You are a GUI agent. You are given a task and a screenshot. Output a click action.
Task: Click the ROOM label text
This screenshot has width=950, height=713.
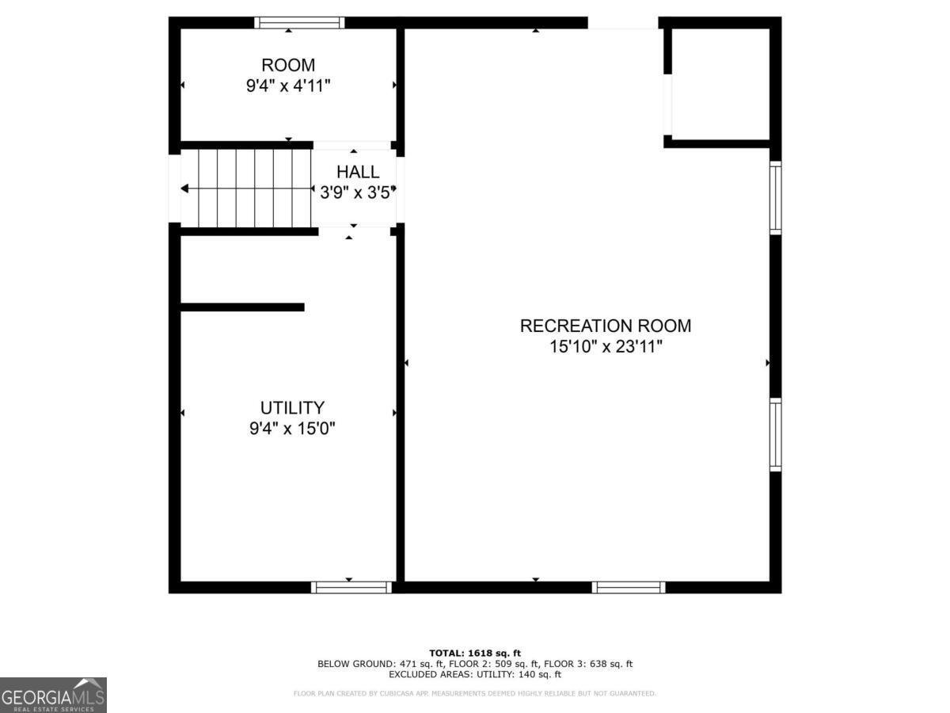pos(288,65)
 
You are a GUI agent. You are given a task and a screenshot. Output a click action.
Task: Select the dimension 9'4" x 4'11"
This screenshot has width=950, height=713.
pos(288,86)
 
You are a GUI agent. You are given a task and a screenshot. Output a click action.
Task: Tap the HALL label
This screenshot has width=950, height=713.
pos(358,172)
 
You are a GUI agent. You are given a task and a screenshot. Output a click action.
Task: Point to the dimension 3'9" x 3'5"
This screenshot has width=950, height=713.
pos(358,192)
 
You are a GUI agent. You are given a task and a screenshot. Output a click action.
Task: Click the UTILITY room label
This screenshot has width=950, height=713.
pos(292,408)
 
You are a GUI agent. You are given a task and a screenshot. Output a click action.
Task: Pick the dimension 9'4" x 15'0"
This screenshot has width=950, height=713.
pos(292,429)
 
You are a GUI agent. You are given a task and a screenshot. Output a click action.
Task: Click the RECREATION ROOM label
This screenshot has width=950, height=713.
pos(605,326)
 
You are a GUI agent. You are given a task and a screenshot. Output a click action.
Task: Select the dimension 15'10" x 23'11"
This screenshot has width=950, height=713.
pos(605,346)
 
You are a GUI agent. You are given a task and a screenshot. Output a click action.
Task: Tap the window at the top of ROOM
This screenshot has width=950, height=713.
pos(299,22)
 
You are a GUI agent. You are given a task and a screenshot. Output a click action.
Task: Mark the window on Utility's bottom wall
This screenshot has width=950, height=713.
pos(351,587)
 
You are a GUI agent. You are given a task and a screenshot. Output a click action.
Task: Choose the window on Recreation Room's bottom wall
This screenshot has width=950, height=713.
pos(629,587)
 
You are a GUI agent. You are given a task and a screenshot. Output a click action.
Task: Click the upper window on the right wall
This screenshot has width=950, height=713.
pos(776,198)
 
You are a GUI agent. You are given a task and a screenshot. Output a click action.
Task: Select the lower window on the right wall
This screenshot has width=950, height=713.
pos(776,435)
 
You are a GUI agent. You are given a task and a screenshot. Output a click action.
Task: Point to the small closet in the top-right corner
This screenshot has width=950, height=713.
pos(720,85)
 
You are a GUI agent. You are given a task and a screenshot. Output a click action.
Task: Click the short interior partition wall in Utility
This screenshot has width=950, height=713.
pos(242,307)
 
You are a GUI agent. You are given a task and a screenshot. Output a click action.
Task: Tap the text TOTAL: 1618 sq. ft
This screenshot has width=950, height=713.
pos(475,653)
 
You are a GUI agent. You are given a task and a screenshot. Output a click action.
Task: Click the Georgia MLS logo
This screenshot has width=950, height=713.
pos(53,695)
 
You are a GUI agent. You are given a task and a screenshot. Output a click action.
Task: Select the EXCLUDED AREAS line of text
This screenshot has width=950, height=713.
pos(475,675)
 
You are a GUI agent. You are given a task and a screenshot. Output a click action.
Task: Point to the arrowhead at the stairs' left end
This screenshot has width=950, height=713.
pos(184,189)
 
